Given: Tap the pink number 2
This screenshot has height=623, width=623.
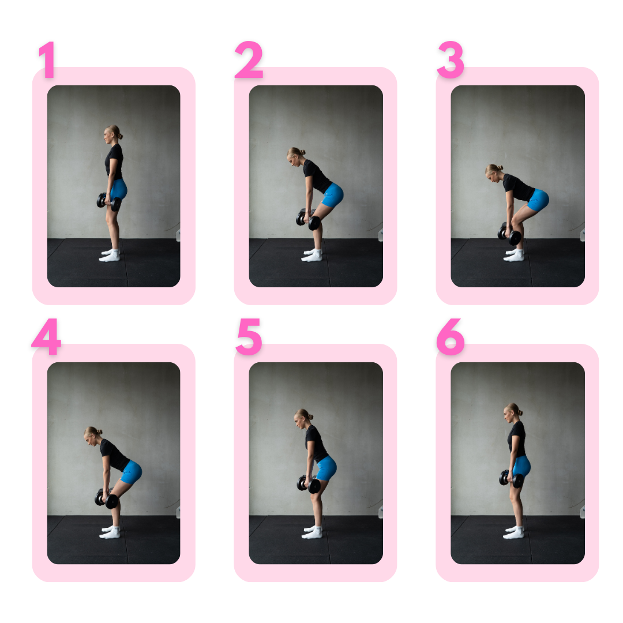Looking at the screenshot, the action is [x=249, y=59].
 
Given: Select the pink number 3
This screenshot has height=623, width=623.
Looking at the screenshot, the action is [x=451, y=59].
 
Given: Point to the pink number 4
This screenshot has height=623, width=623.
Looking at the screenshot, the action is [x=47, y=336].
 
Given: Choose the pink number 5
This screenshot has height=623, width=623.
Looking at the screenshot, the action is [x=249, y=336].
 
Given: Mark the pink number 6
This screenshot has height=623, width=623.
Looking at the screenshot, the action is [x=451, y=336].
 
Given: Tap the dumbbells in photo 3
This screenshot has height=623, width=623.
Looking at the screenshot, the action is [x=509, y=233].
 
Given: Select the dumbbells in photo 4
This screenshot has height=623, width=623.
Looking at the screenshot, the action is [x=107, y=498].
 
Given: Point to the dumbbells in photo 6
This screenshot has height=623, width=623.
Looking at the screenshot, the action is [x=511, y=478].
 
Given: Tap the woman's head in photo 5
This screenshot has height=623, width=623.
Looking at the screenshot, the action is [x=303, y=418].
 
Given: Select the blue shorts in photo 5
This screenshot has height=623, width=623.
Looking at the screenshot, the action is [x=326, y=468].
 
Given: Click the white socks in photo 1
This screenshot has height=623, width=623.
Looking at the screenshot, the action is [x=110, y=255].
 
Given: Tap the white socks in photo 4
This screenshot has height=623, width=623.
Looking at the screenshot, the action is [x=110, y=532].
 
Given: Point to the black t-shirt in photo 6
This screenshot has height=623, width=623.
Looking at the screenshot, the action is [x=517, y=438].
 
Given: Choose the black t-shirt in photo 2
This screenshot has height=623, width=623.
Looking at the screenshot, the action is [x=317, y=176].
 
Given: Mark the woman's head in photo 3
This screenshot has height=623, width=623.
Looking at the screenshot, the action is [x=494, y=173].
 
